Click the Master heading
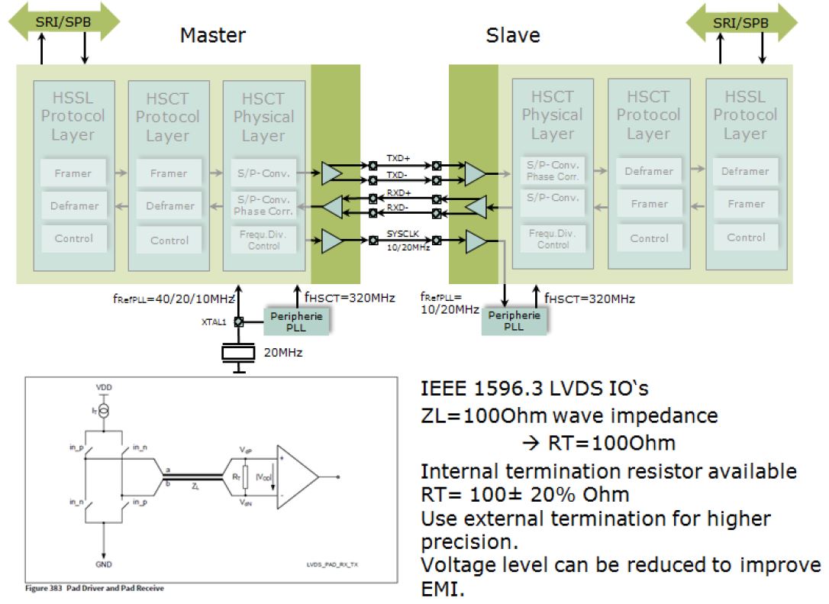tap(213, 35)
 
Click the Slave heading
tap(513, 35)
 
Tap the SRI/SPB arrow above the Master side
tap(63, 22)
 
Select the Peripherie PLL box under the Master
tap(296, 321)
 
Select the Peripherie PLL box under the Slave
tap(514, 321)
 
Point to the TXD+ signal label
tap(398, 158)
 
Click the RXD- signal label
tap(398, 206)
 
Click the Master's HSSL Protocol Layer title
tap(73, 116)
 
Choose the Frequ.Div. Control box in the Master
tap(264, 240)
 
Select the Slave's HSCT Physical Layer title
tap(552, 115)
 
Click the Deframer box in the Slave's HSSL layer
tap(745, 171)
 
